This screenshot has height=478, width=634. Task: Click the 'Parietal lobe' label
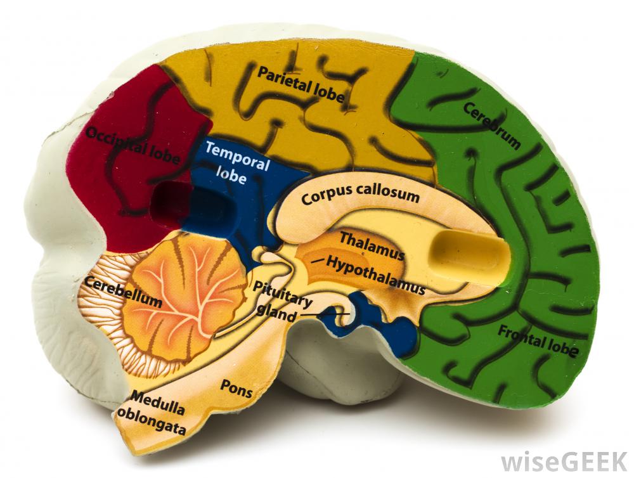point(301,84)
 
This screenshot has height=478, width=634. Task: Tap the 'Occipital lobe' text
point(132,145)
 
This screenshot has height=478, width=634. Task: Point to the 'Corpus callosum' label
point(360,194)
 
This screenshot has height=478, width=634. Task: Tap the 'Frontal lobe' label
point(538,340)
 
